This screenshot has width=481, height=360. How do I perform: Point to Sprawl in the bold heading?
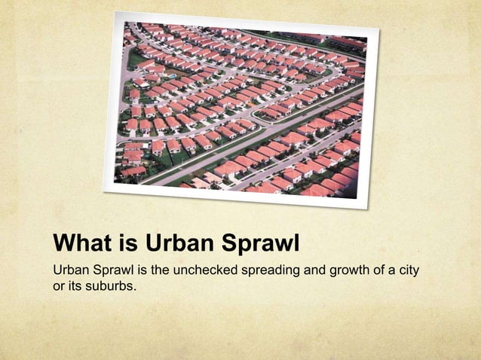pos(260,245)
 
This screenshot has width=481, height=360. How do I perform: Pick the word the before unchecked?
pos(162,270)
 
